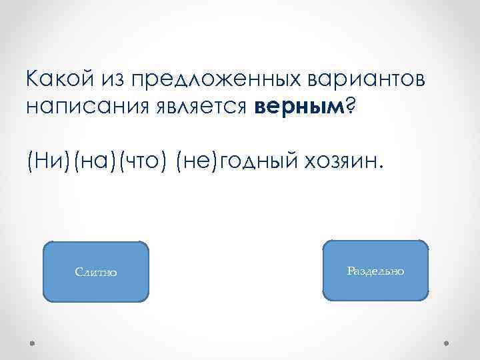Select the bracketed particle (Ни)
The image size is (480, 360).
click(x=45, y=161)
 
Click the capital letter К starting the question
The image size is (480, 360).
click(x=32, y=80)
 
